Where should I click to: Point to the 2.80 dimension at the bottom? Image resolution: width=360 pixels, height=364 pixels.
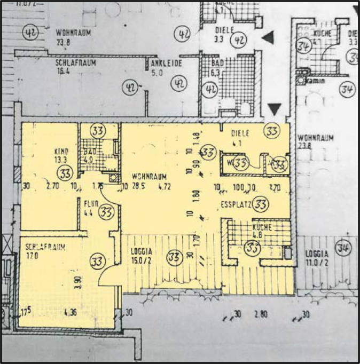[x=260, y=314]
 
